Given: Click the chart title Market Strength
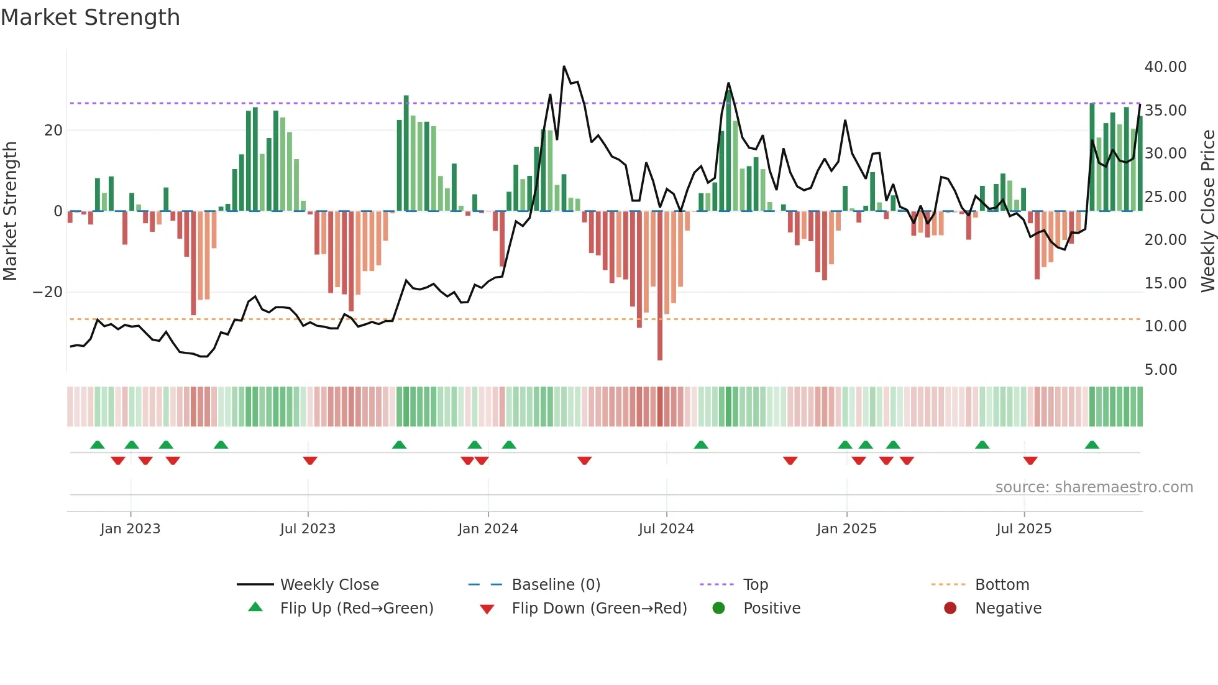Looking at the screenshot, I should [x=90, y=17].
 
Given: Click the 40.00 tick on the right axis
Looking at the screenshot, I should [x=1165, y=67].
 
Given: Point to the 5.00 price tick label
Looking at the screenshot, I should [x=1160, y=370].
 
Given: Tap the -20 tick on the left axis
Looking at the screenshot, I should [x=48, y=292].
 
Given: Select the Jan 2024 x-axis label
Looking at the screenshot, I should [x=488, y=529].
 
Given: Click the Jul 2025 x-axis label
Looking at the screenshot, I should [x=1023, y=529].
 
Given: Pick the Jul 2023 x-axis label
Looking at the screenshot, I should [x=308, y=529].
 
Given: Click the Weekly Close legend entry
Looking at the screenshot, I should [x=329, y=585].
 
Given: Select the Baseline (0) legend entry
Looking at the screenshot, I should [x=556, y=585].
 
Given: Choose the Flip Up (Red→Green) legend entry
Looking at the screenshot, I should [x=356, y=609].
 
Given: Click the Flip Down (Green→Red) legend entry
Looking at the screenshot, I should [x=599, y=609].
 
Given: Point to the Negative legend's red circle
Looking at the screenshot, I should [x=950, y=608].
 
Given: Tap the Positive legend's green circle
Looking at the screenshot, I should [x=718, y=608].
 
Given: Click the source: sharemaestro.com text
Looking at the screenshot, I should [x=1094, y=487].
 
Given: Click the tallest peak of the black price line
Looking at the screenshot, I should [x=564, y=67].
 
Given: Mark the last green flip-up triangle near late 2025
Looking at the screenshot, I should [x=1092, y=444].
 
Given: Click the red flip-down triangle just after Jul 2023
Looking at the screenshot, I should [x=310, y=461].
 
